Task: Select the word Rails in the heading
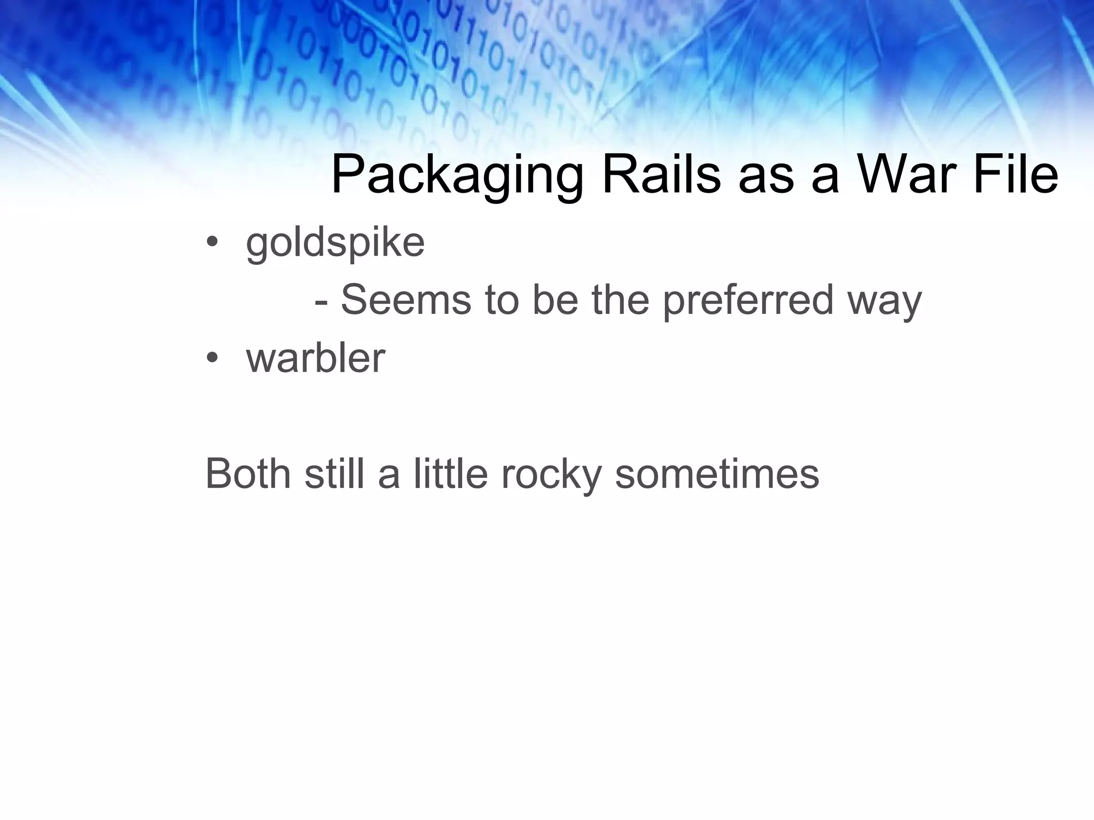point(661,175)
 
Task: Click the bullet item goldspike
point(335,243)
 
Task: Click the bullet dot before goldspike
point(212,243)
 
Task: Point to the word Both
point(248,474)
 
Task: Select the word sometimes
point(717,474)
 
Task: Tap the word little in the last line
point(450,474)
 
